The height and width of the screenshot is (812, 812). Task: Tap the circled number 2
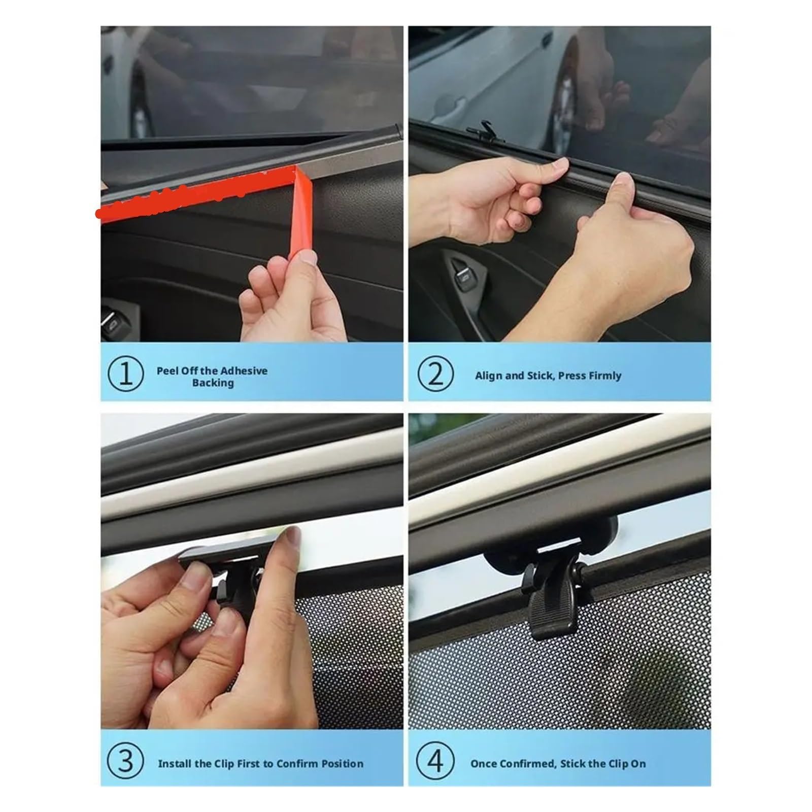(435, 375)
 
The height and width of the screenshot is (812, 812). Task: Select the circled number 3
(125, 762)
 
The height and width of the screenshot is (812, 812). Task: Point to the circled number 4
(434, 762)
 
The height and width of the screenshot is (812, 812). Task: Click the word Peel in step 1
(167, 370)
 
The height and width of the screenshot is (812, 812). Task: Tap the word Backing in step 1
(213, 383)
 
